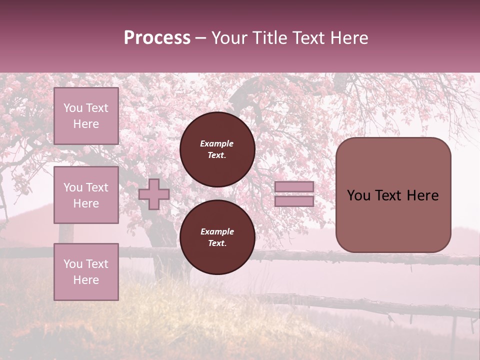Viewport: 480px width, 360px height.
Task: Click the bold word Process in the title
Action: [x=157, y=38]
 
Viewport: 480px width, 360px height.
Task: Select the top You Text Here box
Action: [x=86, y=116]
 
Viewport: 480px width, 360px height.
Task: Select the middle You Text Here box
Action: [x=86, y=195]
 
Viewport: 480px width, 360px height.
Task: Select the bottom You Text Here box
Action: [x=86, y=271]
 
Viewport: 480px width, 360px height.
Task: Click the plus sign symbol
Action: [x=154, y=194]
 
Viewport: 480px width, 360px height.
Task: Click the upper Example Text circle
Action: [x=217, y=149]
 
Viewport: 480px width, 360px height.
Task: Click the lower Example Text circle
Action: [x=217, y=237]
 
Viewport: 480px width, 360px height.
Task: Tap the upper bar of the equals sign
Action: [x=294, y=187]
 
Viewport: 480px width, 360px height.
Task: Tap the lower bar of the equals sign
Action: [x=294, y=201]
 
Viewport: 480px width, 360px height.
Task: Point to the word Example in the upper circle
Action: [x=217, y=143]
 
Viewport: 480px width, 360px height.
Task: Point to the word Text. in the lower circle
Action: [x=217, y=243]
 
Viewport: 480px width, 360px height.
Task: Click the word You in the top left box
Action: [x=73, y=108]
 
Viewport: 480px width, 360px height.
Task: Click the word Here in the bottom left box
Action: [x=86, y=280]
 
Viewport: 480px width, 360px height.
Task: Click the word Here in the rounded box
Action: [x=422, y=195]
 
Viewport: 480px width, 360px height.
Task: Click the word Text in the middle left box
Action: [x=96, y=187]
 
